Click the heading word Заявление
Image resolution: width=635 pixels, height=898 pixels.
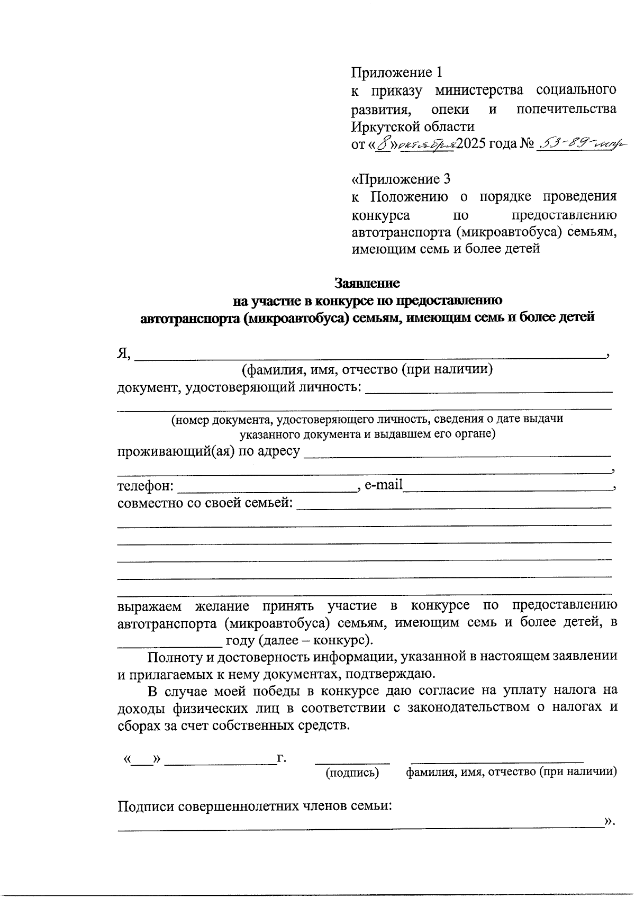(367, 283)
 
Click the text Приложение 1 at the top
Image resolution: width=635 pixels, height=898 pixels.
(397, 71)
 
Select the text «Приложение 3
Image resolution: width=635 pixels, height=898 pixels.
(401, 178)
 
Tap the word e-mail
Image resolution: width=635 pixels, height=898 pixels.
(384, 485)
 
